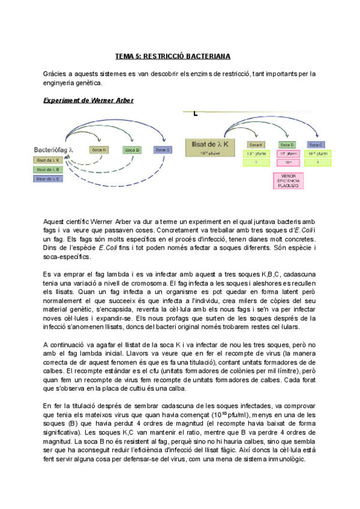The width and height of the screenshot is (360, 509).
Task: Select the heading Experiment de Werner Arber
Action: coord(88,100)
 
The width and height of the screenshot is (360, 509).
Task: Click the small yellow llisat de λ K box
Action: coord(50,161)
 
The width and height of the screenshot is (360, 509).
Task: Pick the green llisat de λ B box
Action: coord(50,170)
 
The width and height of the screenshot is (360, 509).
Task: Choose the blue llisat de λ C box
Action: coord(50,179)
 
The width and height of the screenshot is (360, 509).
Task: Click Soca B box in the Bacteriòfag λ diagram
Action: coord(132,149)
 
